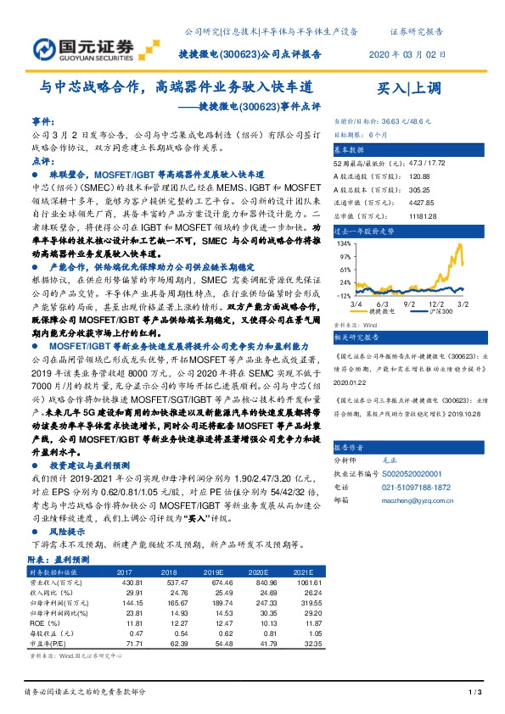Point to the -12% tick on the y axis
tap(345, 272)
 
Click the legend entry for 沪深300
tap(433, 288)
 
